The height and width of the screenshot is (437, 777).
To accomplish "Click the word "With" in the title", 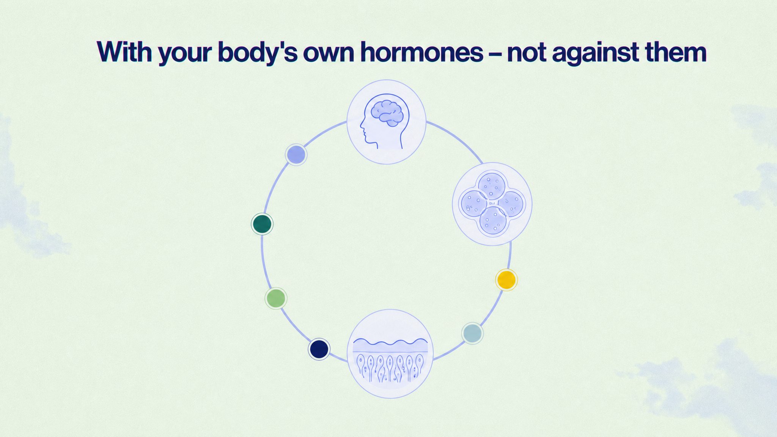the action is [x=124, y=52].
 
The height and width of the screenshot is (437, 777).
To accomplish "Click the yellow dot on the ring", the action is [x=506, y=280].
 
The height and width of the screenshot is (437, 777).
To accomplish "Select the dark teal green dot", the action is [x=262, y=224].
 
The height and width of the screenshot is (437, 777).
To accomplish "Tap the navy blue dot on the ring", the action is [x=319, y=349].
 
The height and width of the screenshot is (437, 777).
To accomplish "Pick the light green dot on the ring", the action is [x=276, y=298].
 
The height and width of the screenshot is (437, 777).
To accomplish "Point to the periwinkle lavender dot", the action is [x=296, y=154].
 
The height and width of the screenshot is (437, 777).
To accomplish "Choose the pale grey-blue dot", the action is [x=472, y=333].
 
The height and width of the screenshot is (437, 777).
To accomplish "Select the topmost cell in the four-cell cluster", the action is [x=492, y=186].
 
